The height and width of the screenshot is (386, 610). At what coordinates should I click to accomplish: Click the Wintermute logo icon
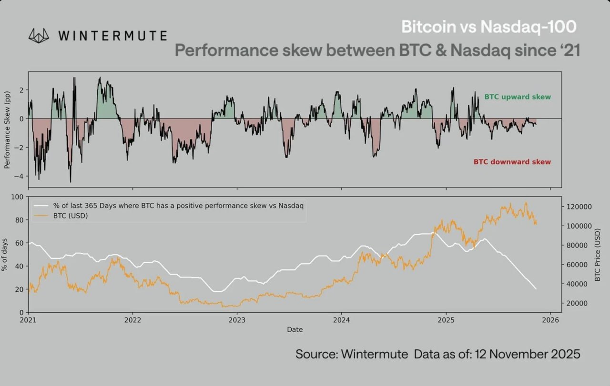pyautogui.click(x=39, y=36)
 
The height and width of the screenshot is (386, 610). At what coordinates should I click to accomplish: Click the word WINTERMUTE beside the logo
pyautogui.click(x=112, y=36)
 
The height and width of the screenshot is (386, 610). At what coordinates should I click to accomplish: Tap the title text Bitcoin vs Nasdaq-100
pyautogui.click(x=488, y=27)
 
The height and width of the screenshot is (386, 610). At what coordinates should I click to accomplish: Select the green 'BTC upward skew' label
pyautogui.click(x=518, y=97)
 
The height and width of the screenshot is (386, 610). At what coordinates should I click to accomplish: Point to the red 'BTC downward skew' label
pyautogui.click(x=512, y=162)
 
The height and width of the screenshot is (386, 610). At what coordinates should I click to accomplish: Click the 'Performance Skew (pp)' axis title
pyautogui.click(x=7, y=130)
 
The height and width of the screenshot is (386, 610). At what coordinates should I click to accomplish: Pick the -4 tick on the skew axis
pyautogui.click(x=21, y=176)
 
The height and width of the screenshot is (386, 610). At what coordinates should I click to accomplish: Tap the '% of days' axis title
pyautogui.click(x=5, y=254)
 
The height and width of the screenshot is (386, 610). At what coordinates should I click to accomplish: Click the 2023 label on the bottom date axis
pyautogui.click(x=237, y=321)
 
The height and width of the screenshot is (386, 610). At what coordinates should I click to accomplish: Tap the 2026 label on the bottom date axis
pyautogui.click(x=550, y=321)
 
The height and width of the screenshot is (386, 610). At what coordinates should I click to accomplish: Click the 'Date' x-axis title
pyautogui.click(x=295, y=329)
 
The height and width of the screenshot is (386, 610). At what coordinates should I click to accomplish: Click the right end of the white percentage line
pyautogui.click(x=536, y=289)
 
